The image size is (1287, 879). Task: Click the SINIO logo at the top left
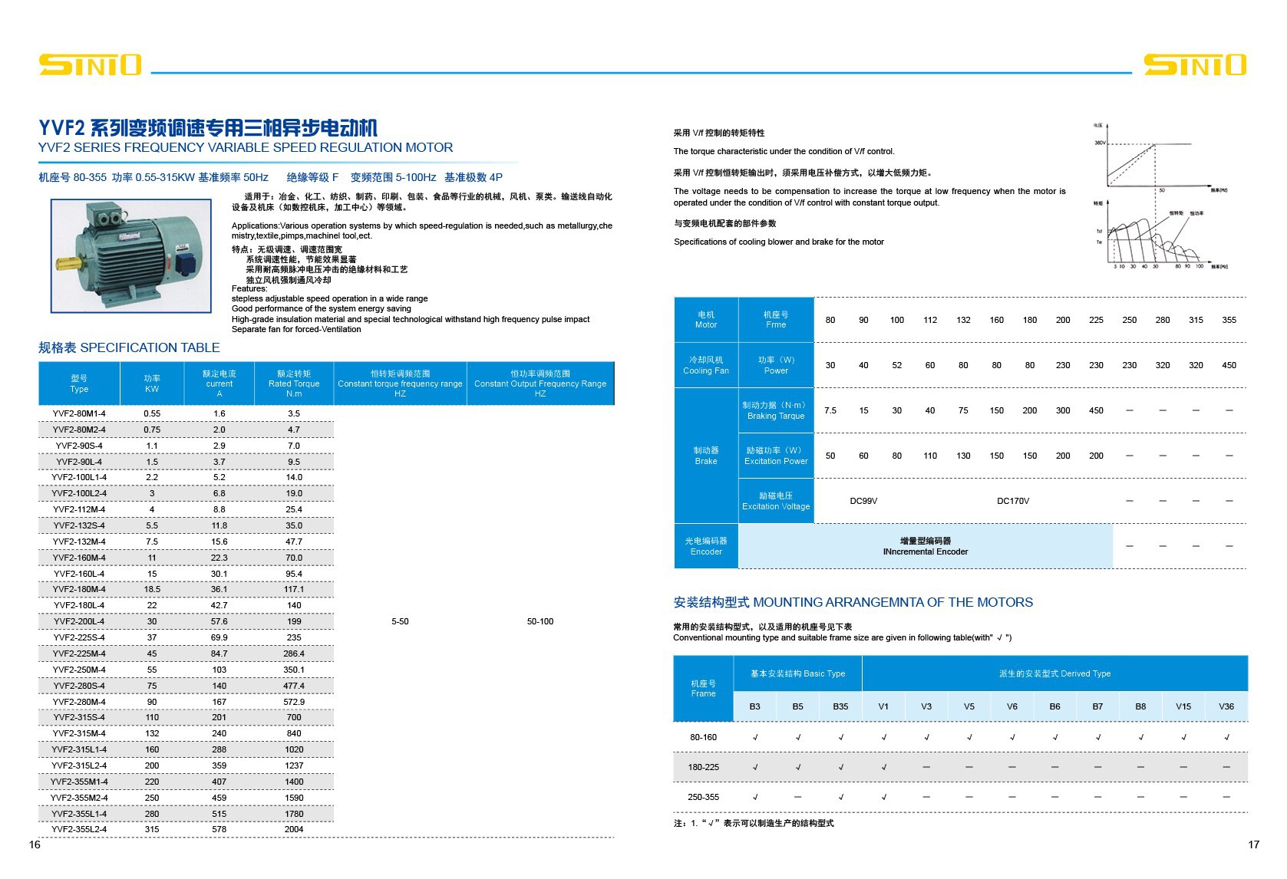click(x=90, y=65)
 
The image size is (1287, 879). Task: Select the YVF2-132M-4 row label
click(x=79, y=542)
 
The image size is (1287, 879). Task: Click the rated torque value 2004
click(x=294, y=829)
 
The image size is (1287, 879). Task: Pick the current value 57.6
click(x=219, y=621)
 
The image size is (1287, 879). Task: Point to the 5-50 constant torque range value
click(x=400, y=621)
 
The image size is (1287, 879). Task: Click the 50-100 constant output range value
click(x=540, y=621)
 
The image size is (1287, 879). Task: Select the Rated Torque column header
click(x=294, y=384)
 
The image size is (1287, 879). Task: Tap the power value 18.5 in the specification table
click(x=152, y=589)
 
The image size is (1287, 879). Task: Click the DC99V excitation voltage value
click(x=863, y=501)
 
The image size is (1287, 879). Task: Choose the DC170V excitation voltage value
click(x=1013, y=501)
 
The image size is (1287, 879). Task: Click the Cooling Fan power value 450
click(x=1229, y=365)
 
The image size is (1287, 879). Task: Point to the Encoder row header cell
click(x=706, y=546)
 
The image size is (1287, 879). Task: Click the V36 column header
click(x=1226, y=706)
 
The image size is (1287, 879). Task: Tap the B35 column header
click(x=840, y=706)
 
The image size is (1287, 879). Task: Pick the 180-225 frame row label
click(x=703, y=767)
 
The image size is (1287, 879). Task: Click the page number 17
click(x=1253, y=844)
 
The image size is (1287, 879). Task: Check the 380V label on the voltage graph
click(x=1099, y=143)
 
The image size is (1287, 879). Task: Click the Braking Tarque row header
click(x=776, y=410)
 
